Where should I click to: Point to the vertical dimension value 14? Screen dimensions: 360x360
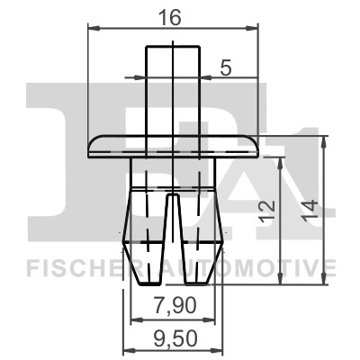[x=311, y=211]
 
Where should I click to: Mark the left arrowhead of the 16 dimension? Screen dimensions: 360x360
[x=93, y=29]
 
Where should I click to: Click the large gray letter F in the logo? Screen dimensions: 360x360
[x=54, y=162]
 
